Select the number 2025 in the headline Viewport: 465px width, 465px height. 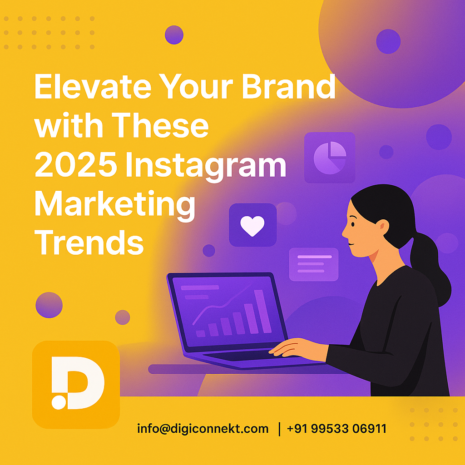point(76,164)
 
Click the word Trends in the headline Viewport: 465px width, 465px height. point(89,242)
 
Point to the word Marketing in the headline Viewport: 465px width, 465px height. point(115,205)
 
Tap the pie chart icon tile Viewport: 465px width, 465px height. point(330,158)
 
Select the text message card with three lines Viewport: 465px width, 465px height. point(314,264)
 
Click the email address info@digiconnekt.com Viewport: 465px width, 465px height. point(203,429)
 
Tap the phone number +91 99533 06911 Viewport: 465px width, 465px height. point(336,429)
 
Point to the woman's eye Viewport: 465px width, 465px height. point(353,224)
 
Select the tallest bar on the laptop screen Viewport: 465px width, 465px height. point(263,312)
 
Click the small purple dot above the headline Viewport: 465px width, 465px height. point(174,35)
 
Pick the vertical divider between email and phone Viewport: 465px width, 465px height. point(279,429)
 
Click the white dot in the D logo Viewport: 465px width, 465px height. point(59,402)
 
